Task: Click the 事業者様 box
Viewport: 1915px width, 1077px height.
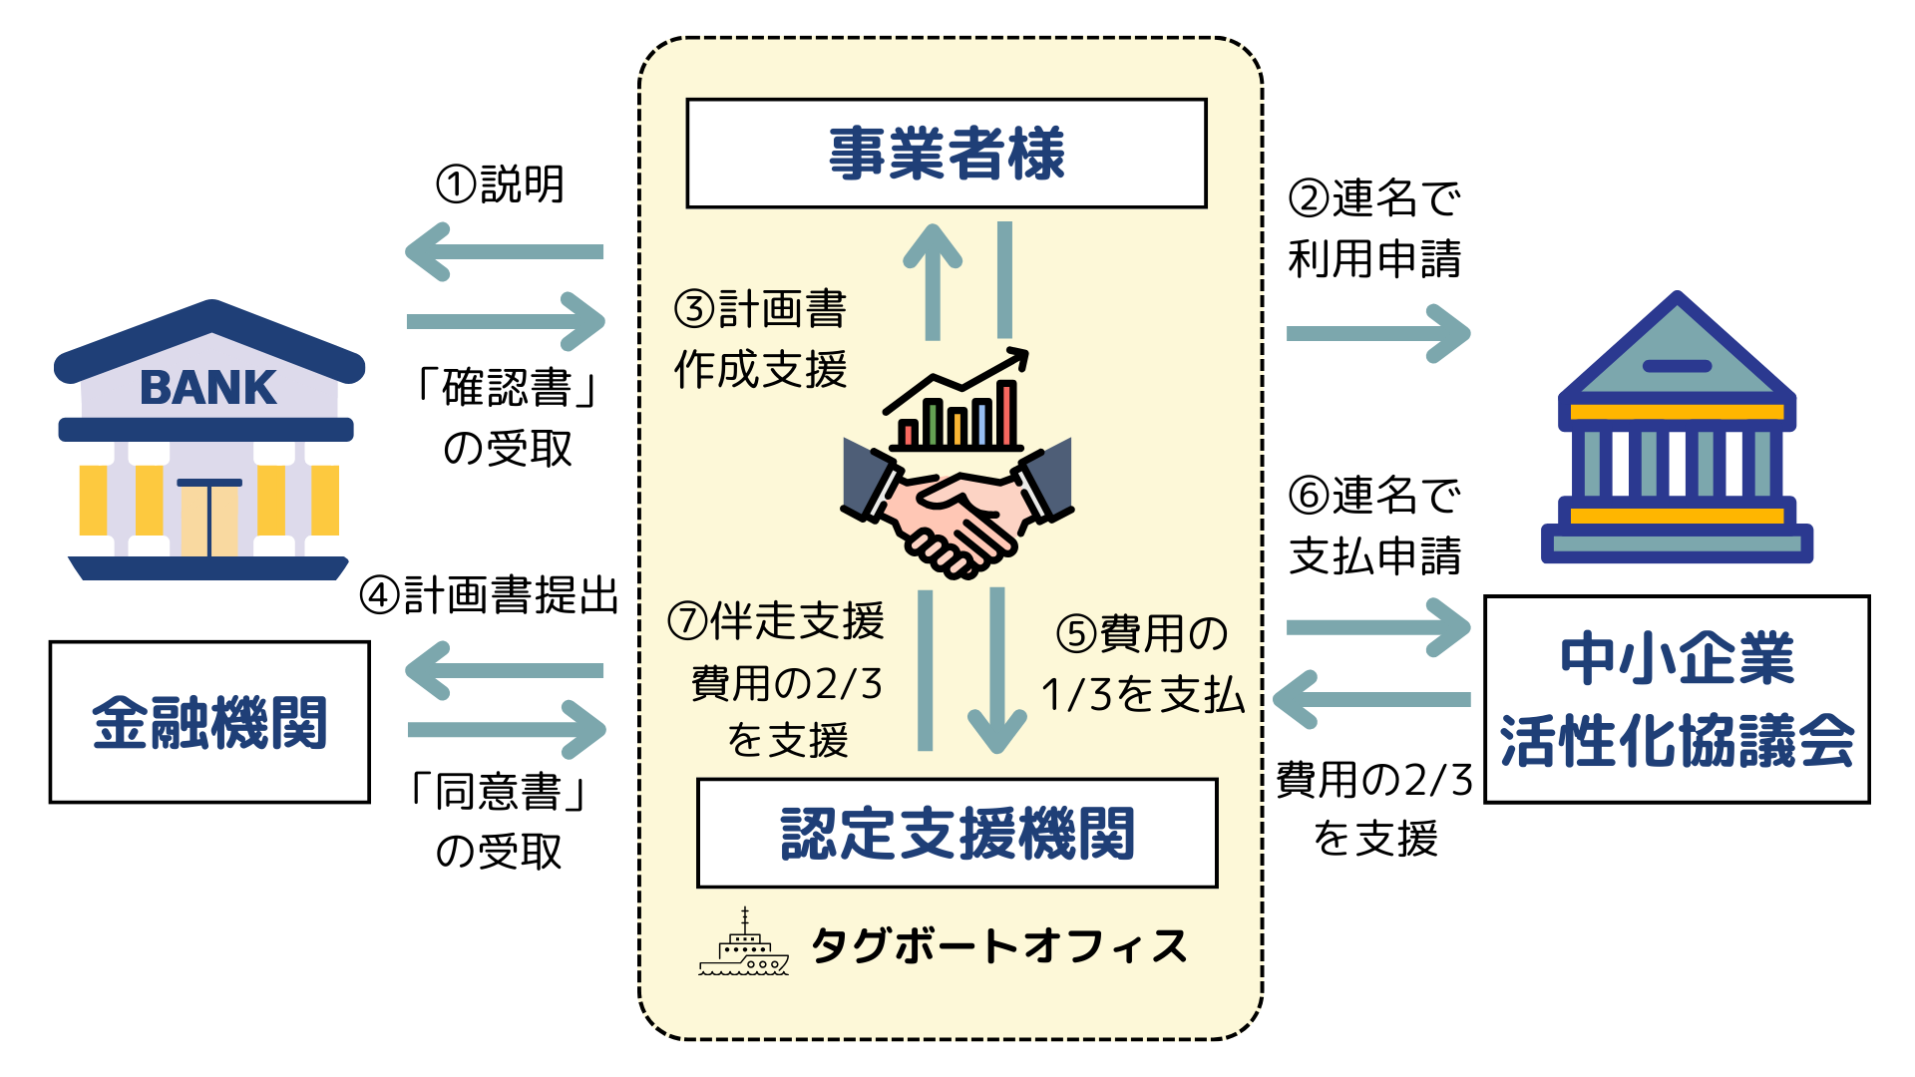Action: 947,154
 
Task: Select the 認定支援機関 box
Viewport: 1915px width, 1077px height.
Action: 957,833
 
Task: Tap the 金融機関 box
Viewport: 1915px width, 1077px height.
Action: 209,722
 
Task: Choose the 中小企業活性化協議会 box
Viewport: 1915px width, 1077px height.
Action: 1677,699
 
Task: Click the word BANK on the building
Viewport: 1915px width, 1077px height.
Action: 207,388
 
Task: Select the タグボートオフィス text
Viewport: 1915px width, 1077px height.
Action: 999,946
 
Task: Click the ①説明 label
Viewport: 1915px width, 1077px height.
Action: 501,184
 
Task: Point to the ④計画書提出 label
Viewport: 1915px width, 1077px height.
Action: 490,595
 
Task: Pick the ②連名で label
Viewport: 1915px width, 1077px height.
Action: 1374,198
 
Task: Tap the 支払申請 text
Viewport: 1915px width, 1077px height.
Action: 1374,555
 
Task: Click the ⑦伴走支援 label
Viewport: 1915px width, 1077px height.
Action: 776,621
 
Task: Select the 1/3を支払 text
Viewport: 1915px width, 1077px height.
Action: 1143,695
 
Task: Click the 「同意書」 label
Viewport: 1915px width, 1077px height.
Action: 499,793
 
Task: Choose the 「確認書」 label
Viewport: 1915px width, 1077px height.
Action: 507,388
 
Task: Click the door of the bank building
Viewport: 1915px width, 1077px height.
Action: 209,519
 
